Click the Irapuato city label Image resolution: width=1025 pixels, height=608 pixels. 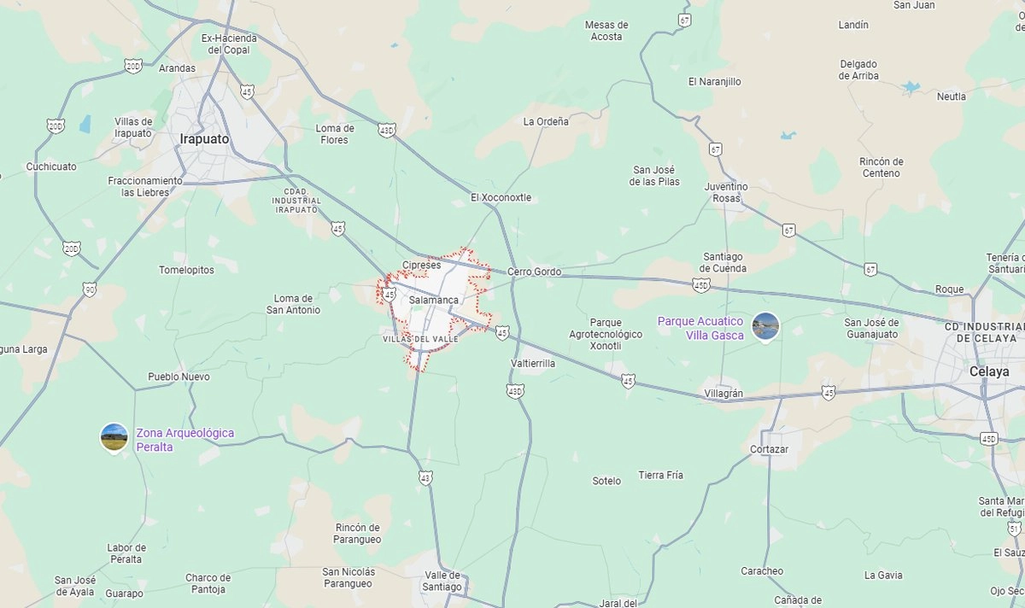click(x=204, y=138)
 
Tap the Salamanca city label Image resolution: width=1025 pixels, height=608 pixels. click(x=433, y=301)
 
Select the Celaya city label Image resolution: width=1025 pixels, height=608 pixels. click(x=989, y=371)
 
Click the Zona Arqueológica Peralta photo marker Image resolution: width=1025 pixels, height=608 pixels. click(x=114, y=436)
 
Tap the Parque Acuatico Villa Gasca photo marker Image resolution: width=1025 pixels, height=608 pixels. click(x=765, y=325)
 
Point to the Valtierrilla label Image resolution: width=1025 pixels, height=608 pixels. click(x=533, y=363)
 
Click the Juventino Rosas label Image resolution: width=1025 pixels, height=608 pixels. click(x=725, y=192)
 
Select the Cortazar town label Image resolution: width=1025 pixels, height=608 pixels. click(x=769, y=449)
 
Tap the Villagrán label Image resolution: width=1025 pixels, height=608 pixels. click(x=723, y=394)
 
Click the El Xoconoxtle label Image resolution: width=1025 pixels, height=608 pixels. click(x=501, y=197)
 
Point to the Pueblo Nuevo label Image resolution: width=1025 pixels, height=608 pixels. click(x=179, y=377)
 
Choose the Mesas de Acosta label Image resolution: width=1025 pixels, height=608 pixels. click(x=606, y=31)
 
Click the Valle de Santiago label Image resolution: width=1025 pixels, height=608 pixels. click(x=442, y=581)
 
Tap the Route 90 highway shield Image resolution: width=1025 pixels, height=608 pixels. click(x=91, y=289)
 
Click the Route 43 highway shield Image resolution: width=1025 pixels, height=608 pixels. click(x=425, y=478)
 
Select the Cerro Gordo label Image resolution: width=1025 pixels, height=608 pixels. click(x=534, y=272)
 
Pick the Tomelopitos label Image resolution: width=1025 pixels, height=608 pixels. click(x=186, y=270)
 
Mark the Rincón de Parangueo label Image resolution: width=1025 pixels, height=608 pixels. click(x=358, y=533)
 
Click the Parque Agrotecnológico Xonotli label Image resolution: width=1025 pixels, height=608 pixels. click(x=606, y=329)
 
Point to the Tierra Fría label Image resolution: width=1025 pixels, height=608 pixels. click(x=660, y=475)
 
